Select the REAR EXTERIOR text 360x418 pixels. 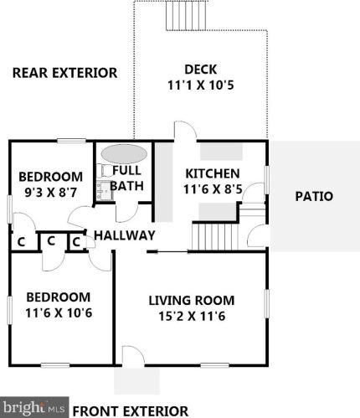(64, 73)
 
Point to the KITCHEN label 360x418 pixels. (213, 173)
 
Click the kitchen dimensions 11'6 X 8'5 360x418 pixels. (213, 188)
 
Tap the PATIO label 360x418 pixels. (314, 197)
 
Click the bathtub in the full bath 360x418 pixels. (122, 155)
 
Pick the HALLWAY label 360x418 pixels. (124, 235)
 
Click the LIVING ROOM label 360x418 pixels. (192, 300)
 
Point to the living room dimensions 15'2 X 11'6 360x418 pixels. (192, 316)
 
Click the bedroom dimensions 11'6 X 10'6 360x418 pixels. (57, 313)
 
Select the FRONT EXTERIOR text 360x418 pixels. (130, 410)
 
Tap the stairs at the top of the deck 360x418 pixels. (180, 14)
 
